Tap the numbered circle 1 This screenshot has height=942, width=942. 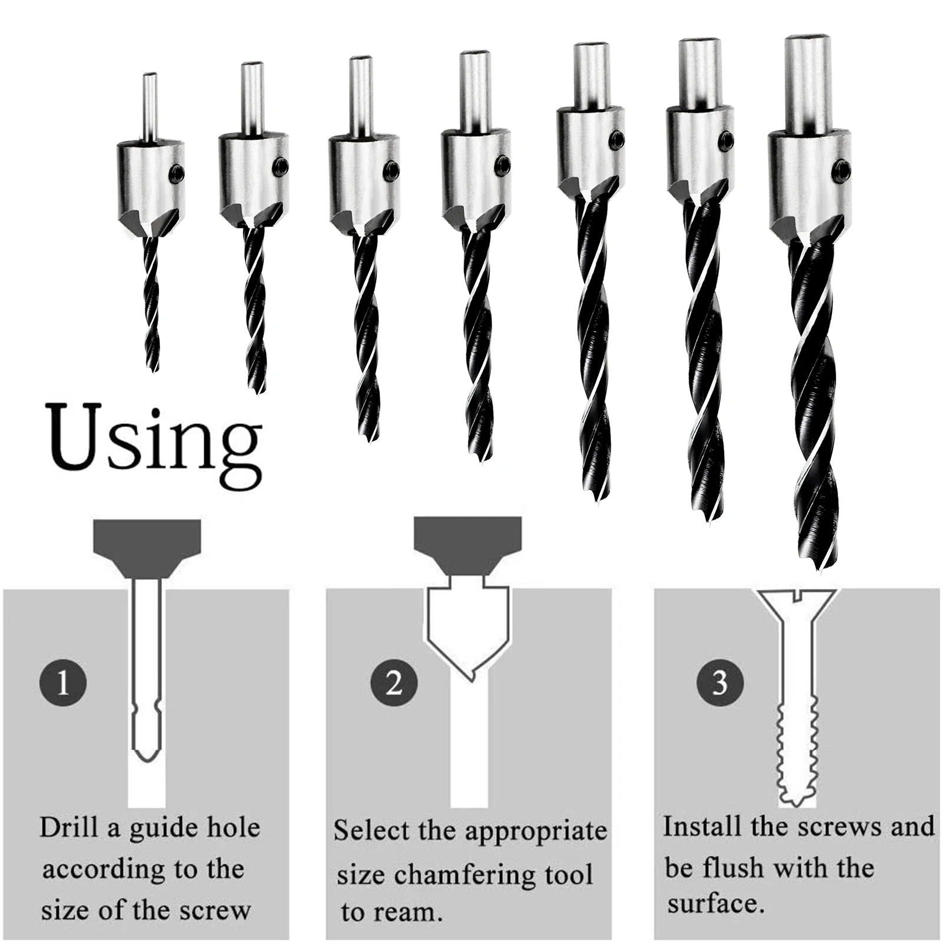(63, 684)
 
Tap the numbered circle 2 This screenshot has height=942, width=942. (394, 684)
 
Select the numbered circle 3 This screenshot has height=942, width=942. (719, 684)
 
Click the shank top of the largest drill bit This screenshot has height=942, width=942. (807, 41)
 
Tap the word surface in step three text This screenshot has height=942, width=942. (715, 904)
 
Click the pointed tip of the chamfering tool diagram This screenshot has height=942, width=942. (469, 679)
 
